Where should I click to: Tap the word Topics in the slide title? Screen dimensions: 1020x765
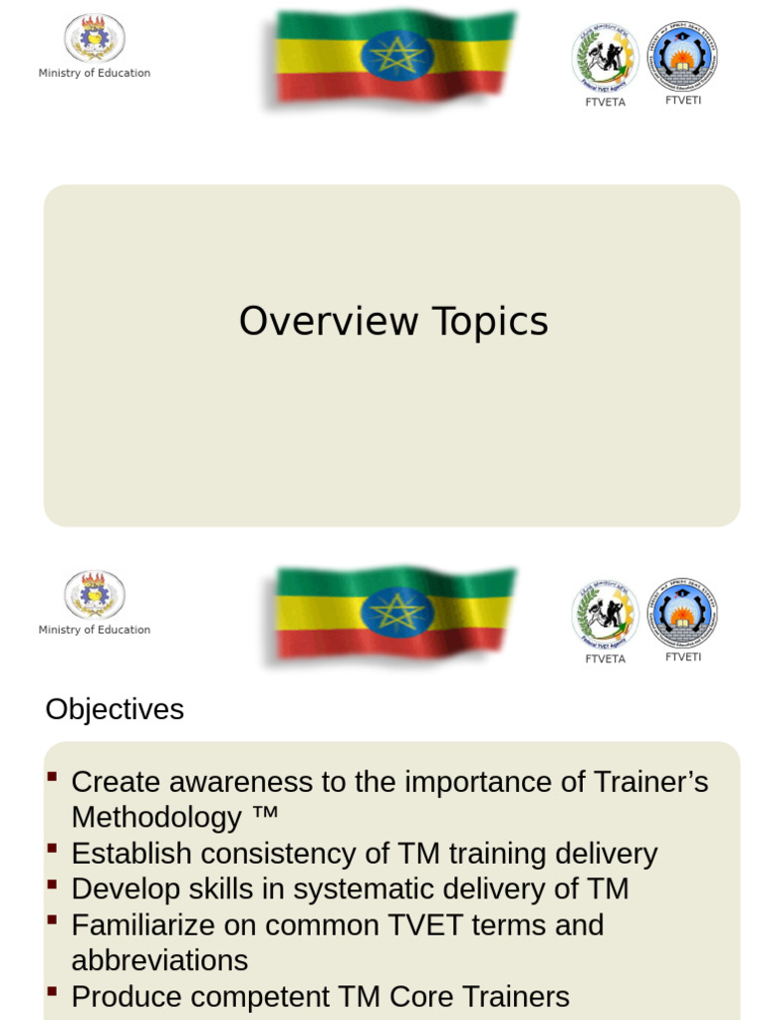point(489,322)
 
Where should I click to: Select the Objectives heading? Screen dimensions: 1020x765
point(115,709)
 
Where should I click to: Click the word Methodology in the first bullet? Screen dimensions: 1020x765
point(156,818)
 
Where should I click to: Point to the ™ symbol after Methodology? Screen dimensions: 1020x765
point(265,816)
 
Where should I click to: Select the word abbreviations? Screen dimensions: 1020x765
point(159,960)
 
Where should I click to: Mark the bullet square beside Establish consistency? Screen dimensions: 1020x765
point(52,849)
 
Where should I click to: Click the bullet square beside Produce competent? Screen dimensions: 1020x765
point(52,992)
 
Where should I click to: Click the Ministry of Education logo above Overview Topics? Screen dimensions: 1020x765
point(95,38)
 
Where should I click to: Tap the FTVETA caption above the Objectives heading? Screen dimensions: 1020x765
point(605,658)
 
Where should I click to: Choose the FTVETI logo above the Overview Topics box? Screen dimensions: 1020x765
point(682,57)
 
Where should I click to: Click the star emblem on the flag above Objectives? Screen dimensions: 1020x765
point(396,611)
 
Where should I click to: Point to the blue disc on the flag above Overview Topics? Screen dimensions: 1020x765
point(396,55)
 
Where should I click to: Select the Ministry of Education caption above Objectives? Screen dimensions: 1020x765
point(95,630)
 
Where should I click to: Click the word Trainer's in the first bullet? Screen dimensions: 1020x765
point(647,782)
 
